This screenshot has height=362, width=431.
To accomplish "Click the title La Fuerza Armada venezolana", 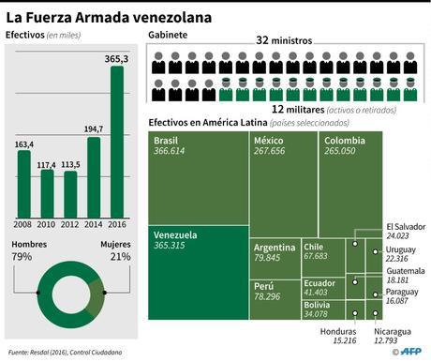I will click(108, 17).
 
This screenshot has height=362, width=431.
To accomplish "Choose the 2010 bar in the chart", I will click(48, 192).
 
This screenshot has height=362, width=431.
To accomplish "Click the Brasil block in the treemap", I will click(198, 178).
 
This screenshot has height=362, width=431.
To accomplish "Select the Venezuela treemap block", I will click(198, 272).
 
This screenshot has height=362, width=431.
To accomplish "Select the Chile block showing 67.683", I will click(321, 251).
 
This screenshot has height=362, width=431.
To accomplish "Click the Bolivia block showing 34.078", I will click(321, 309).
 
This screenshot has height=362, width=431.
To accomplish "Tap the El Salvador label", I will click(406, 231).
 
